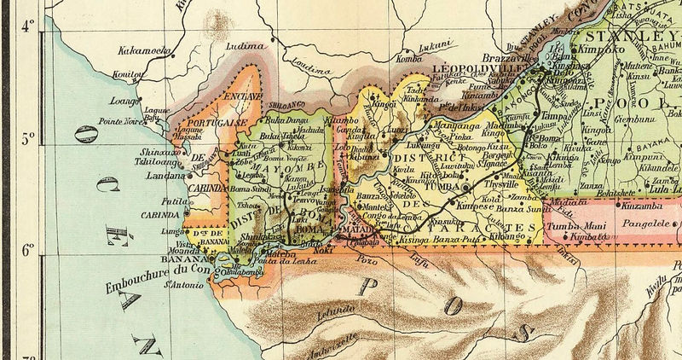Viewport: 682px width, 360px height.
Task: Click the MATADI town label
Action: pyautogui.click(x=359, y=229)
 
